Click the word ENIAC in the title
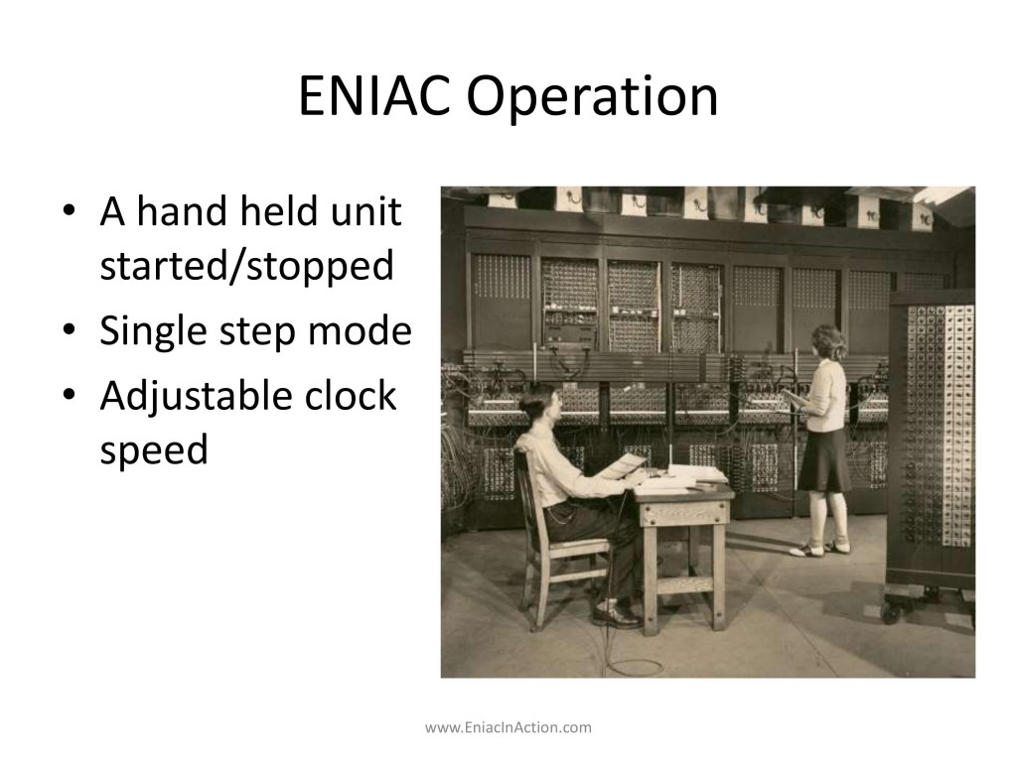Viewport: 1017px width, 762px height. [374, 96]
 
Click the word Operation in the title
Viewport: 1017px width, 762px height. [592, 97]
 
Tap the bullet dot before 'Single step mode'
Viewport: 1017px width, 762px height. [70, 329]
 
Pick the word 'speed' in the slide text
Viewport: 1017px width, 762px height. [154, 449]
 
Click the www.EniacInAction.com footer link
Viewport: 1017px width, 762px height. [508, 727]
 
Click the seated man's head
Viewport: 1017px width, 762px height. [537, 405]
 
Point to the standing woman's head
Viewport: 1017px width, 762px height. [828, 342]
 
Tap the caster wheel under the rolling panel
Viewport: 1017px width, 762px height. [891, 612]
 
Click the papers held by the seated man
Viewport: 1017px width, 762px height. [623, 465]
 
